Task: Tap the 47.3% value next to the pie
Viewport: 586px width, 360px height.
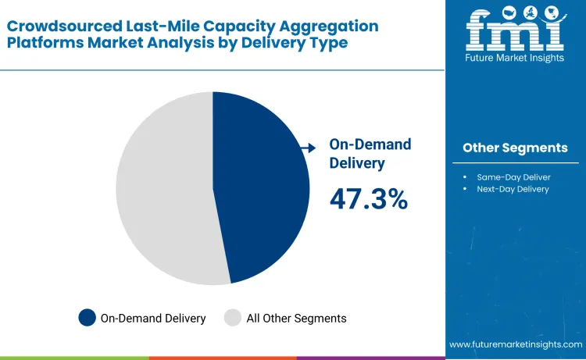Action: [x=369, y=199]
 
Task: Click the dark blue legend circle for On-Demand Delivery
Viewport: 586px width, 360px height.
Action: [x=87, y=318]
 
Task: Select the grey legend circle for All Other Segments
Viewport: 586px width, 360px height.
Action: [x=233, y=318]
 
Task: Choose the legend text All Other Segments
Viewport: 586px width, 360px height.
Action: [x=296, y=318]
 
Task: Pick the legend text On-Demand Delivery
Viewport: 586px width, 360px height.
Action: [x=153, y=318]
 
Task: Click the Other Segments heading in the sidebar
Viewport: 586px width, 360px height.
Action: [x=515, y=148]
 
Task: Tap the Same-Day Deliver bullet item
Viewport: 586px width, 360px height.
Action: [x=514, y=176]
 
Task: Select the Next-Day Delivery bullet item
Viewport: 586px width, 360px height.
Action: [x=513, y=189]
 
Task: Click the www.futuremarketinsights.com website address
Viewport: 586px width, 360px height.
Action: [x=516, y=344]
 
